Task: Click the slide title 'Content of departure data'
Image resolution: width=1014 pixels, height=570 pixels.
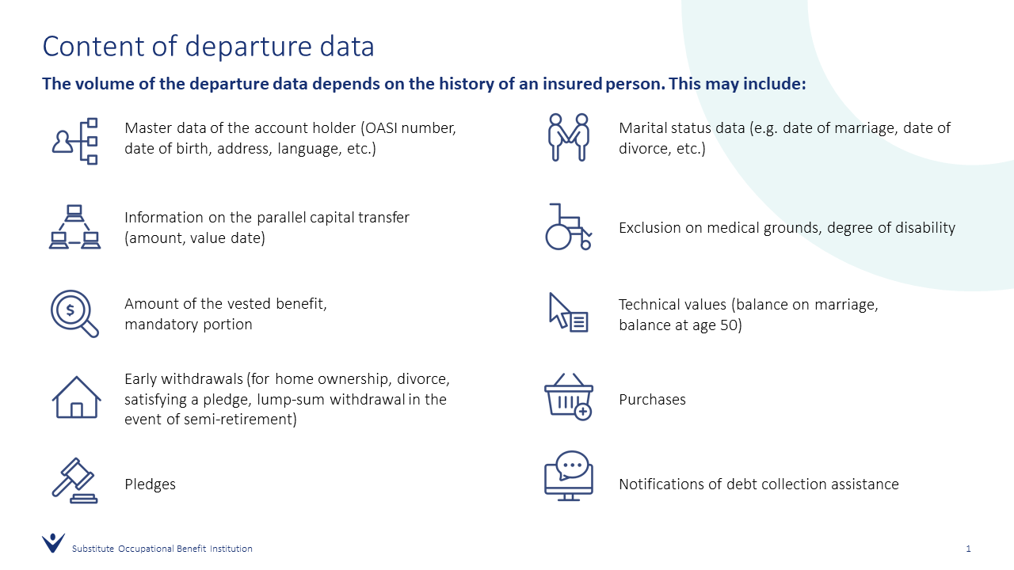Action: (x=208, y=46)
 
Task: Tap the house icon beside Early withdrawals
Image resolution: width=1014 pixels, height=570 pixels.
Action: (x=76, y=397)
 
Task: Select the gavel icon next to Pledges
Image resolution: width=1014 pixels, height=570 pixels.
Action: (x=74, y=481)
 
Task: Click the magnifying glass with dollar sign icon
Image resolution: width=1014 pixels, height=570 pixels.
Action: (x=74, y=313)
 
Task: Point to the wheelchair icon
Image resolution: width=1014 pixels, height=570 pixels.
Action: (x=568, y=227)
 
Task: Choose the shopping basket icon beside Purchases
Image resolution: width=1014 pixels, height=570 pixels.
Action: (x=568, y=397)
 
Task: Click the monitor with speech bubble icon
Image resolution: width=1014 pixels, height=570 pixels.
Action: (x=568, y=476)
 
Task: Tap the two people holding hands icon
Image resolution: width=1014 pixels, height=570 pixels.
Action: (x=569, y=137)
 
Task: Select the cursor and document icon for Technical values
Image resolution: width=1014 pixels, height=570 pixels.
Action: (x=569, y=313)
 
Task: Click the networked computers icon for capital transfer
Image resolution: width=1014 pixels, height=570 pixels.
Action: (x=74, y=227)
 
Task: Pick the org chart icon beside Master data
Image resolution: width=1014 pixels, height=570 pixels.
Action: (x=74, y=141)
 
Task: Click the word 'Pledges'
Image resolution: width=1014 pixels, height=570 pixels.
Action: (x=150, y=484)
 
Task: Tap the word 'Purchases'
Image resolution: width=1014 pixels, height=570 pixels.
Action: (x=652, y=400)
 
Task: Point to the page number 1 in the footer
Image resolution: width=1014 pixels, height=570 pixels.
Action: (x=968, y=549)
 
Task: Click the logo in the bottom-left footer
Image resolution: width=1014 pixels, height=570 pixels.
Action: (x=53, y=543)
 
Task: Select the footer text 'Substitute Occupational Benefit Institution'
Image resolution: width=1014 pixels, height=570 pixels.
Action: (x=162, y=549)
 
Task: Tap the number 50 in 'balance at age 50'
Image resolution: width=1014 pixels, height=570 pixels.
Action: (x=727, y=325)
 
